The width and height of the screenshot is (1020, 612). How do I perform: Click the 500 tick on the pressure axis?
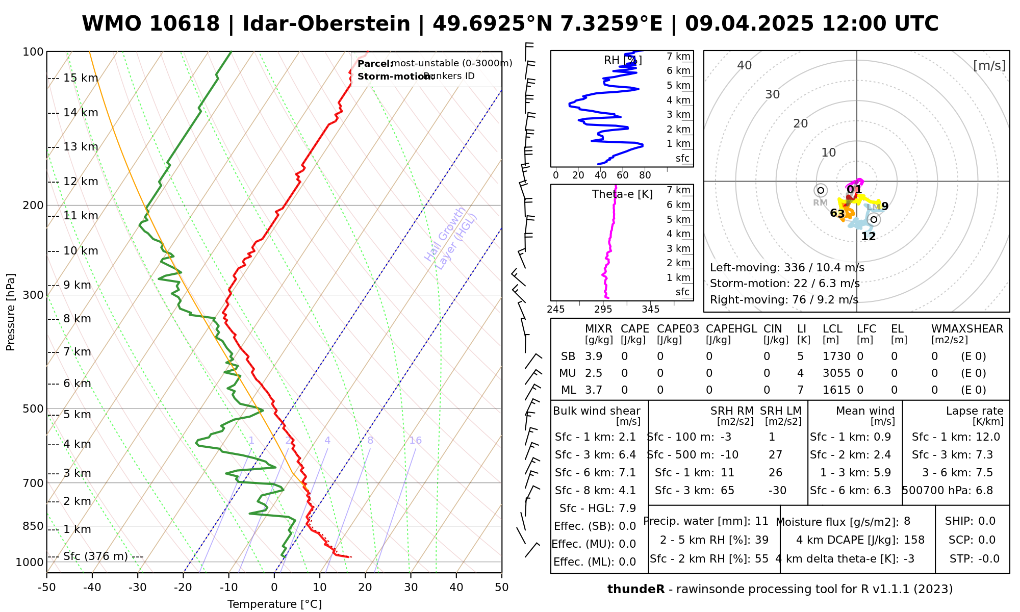(34, 409)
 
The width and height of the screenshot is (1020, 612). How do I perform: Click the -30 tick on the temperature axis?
(138, 588)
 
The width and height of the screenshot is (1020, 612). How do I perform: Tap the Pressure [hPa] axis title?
(11, 312)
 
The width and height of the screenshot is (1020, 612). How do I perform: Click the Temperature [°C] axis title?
(274, 604)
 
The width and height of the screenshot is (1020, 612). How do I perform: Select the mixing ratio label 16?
(416, 441)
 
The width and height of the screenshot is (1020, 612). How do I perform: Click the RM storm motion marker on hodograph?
(821, 191)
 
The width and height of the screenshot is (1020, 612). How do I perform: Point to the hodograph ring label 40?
(745, 65)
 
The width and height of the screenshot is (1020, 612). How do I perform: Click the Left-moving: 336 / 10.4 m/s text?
(787, 268)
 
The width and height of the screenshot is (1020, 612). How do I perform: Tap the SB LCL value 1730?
(836, 356)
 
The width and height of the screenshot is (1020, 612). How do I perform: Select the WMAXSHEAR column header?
(967, 329)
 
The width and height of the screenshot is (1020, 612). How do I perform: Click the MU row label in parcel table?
(567, 373)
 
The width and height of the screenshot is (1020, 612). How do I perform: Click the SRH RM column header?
(732, 411)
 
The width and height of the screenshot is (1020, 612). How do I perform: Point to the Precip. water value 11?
(761, 521)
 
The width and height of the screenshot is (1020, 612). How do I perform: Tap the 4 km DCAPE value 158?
(914, 540)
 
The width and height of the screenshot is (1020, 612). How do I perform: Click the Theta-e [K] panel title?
(622, 194)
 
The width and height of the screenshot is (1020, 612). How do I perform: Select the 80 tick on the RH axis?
(645, 175)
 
